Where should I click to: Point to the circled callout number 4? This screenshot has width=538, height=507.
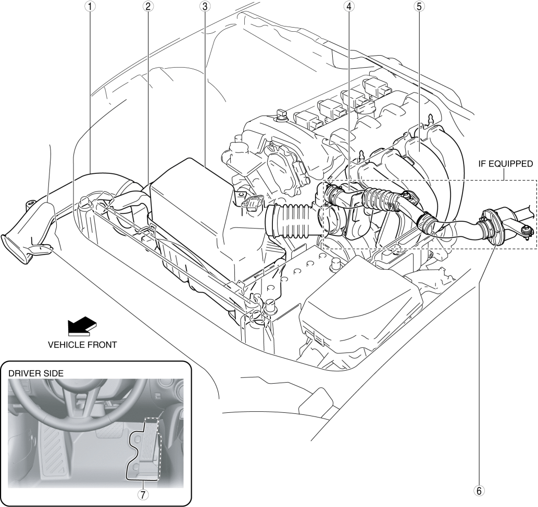(348, 7)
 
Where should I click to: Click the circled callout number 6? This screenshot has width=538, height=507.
(479, 490)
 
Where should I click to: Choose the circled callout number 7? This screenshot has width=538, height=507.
(141, 495)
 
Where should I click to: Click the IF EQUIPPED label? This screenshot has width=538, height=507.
(505, 163)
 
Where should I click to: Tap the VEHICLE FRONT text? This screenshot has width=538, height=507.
(82, 344)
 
